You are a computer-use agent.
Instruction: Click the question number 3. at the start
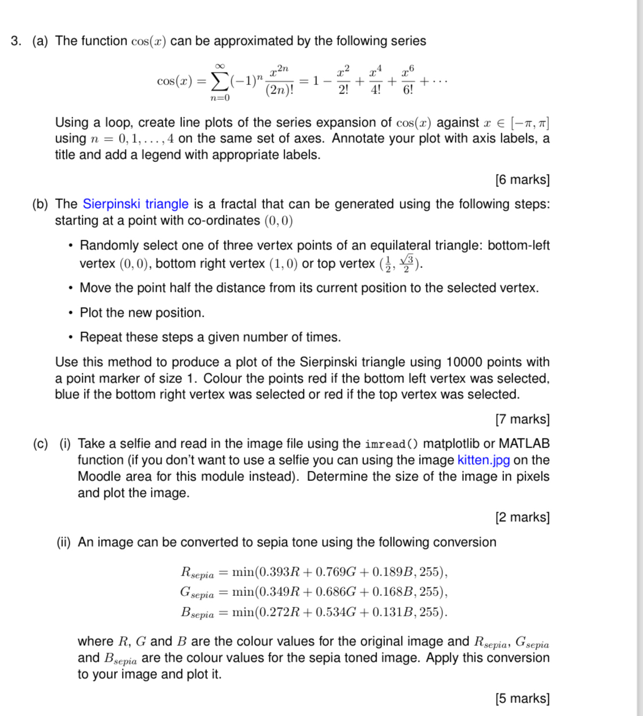tap(16, 41)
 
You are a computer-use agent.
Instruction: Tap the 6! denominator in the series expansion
tap(408, 90)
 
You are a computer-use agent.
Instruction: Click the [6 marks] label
tap(522, 180)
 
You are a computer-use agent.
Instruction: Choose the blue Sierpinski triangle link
tap(136, 204)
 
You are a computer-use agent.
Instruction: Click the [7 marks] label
tap(522, 419)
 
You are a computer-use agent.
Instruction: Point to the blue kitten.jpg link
tap(484, 460)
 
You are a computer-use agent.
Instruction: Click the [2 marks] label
tap(522, 517)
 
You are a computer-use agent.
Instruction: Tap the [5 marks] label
tap(522, 698)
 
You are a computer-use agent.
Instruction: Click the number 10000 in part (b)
tap(464, 362)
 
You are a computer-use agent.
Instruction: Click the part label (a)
tap(40, 41)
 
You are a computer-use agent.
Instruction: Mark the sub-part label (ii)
tap(64, 542)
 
